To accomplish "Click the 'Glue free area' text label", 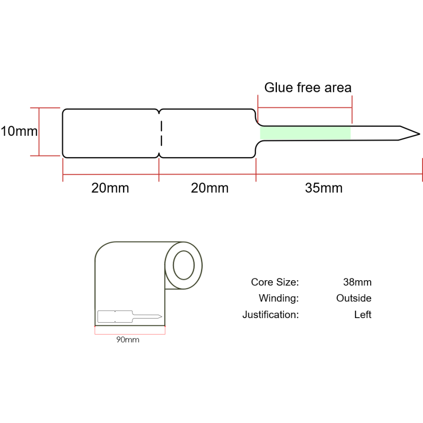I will click(307, 87).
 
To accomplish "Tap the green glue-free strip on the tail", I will click(305, 133).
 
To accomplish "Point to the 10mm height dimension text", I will click(19, 131).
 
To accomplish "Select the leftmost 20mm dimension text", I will click(110, 188).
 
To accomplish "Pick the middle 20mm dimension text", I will click(209, 188).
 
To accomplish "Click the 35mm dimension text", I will click(324, 188).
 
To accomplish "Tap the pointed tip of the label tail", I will click(417, 135).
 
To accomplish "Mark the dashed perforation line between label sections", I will click(160, 133).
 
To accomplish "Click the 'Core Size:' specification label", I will click(275, 282).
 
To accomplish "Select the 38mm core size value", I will click(357, 282).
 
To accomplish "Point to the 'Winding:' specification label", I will click(278, 298).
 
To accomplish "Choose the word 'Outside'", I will click(354, 298).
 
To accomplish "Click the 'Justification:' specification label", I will click(270, 315).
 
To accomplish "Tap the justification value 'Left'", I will click(362, 315).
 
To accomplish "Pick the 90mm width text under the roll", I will click(128, 340).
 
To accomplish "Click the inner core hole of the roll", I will click(184, 265).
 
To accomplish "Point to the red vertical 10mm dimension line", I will click(39, 132).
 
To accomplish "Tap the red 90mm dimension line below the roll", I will click(130, 332).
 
